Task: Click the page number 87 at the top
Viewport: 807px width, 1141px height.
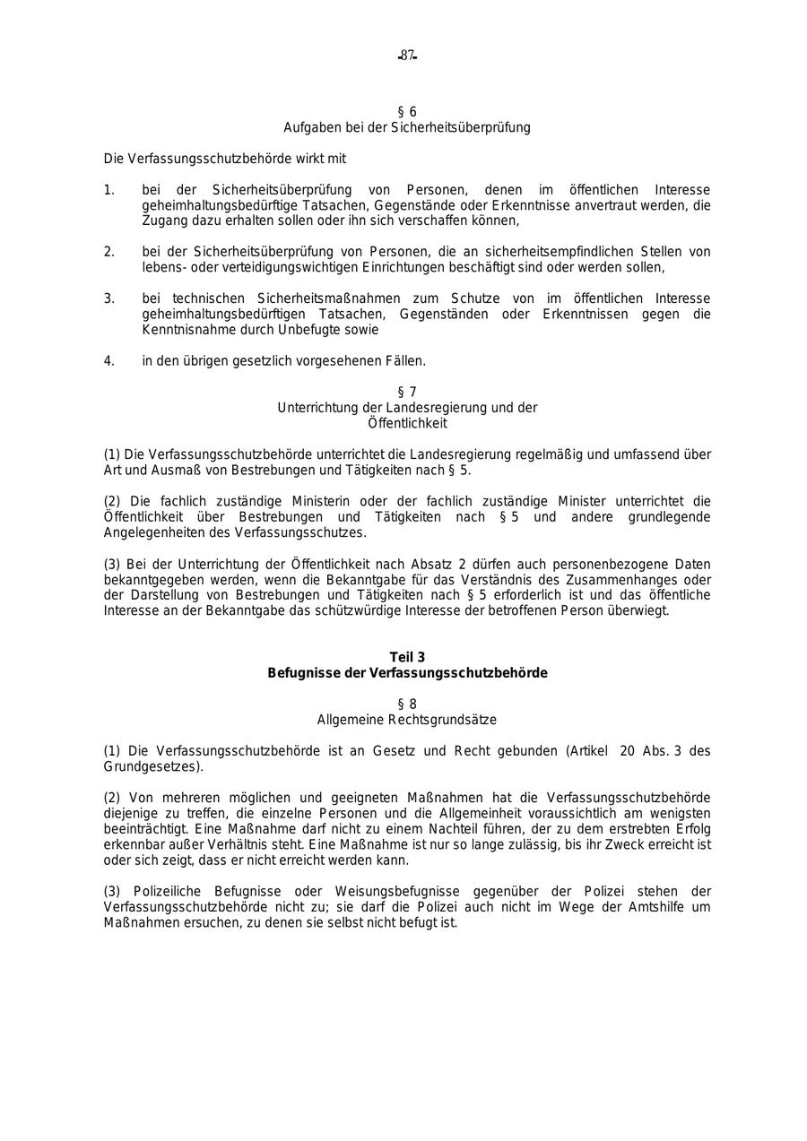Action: tap(408, 56)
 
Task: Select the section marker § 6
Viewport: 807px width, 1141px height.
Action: tap(407, 112)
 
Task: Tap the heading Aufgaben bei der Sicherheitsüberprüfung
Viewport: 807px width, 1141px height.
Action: tap(407, 127)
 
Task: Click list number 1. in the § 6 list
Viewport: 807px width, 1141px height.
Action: tap(108, 190)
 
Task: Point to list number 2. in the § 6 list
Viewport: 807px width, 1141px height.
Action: tap(108, 252)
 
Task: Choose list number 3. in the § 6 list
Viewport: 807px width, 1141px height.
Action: tap(108, 298)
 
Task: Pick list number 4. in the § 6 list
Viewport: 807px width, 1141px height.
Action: tap(108, 361)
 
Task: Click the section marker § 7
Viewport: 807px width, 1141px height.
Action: tap(407, 392)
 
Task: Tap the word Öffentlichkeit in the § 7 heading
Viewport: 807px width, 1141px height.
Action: tap(407, 423)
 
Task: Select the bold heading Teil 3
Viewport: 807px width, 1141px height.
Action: tap(407, 657)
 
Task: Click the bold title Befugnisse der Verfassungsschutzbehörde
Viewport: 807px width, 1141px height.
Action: tap(407, 673)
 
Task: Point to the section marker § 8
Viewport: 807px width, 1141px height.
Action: tap(407, 704)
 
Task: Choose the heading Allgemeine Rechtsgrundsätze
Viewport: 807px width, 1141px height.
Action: tap(407, 720)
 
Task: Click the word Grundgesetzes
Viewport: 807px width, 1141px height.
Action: tap(151, 767)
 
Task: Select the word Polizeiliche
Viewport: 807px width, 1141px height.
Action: tap(169, 891)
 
